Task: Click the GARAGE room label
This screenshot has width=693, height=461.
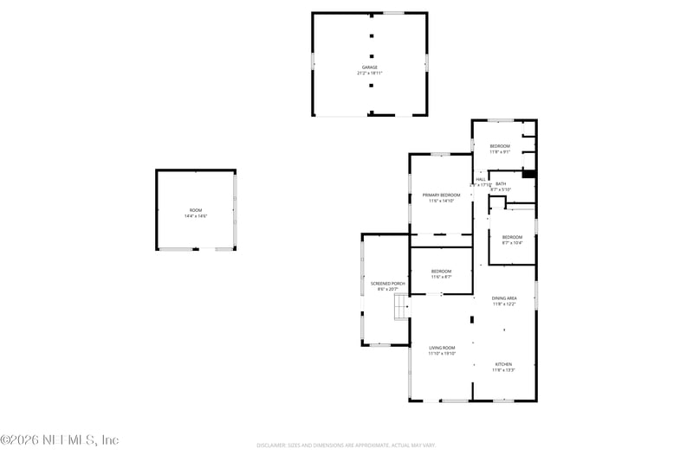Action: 370,67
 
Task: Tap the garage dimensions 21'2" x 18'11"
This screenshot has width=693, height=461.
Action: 370,74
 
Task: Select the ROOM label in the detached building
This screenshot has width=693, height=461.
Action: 196,210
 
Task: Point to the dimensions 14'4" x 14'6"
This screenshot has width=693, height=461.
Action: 196,216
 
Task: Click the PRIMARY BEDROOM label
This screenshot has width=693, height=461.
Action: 441,195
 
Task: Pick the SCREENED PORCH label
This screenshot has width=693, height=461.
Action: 388,284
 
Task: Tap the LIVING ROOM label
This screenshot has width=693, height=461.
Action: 442,348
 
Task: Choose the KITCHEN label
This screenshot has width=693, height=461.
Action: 504,364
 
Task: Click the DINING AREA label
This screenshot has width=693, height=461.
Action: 504,298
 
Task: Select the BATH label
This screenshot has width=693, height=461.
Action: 501,183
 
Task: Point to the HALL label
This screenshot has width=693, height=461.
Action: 480,179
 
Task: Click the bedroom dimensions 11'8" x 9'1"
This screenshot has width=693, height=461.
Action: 500,152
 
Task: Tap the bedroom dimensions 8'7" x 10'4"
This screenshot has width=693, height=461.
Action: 512,243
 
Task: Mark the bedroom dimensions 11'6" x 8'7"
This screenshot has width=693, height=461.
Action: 442,278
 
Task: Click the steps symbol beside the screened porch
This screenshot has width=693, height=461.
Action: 401,307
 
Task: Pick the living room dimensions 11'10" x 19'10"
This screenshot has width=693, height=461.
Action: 442,354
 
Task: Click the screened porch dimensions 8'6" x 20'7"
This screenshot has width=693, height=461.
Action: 388,290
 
